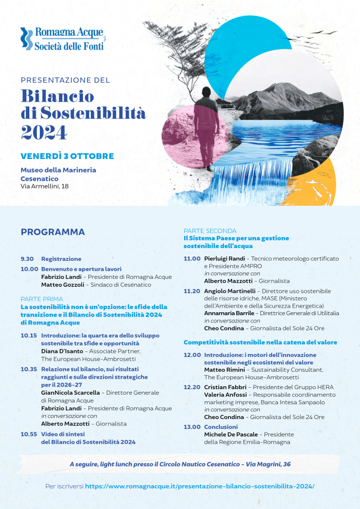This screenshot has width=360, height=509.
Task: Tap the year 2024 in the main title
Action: point(44,132)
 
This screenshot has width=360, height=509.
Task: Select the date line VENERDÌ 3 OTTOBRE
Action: point(67,156)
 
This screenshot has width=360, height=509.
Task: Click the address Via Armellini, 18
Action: point(45,186)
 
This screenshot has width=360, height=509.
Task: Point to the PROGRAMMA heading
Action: point(53,232)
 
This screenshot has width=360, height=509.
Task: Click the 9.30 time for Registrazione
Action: point(27,259)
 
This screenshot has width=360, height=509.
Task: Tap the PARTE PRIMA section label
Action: point(42,299)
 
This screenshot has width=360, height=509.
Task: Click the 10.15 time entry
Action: point(29,336)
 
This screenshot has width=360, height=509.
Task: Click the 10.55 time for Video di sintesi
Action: point(29,434)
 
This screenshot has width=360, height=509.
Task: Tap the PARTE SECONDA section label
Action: point(210,231)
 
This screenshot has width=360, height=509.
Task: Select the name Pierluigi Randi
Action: point(224,259)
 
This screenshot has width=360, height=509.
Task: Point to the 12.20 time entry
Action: point(192,387)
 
